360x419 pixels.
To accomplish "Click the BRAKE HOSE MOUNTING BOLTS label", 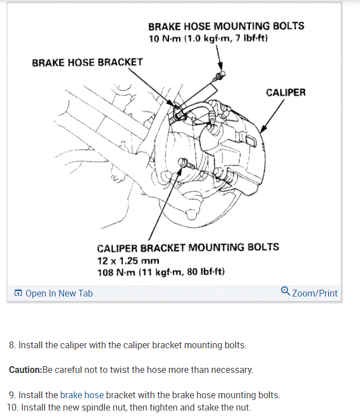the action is (226, 26).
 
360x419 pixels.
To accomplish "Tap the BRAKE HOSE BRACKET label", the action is (87, 62).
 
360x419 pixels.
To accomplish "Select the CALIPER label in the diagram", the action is (286, 92).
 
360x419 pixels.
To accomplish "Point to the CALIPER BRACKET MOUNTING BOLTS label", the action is (188, 248).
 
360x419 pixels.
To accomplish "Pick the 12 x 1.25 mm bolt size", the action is (128, 261).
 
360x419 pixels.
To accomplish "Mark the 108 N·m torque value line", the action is (161, 272).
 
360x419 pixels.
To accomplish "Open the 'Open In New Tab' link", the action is (59, 293).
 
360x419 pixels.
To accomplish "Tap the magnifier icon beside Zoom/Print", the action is (285, 292).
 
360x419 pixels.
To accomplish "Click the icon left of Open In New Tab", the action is (18, 293).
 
